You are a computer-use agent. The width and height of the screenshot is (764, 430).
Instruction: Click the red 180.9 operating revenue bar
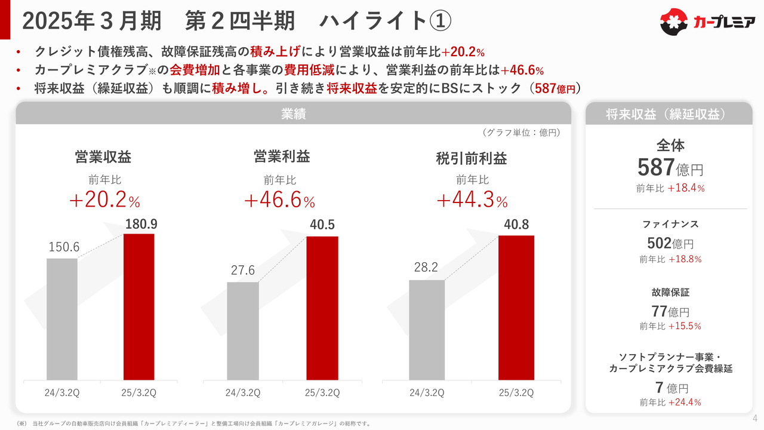click(x=138, y=306)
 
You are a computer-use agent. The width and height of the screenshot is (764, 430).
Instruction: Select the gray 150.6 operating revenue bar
click(x=62, y=319)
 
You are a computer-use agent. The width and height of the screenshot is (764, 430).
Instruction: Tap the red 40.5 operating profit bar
click(x=322, y=308)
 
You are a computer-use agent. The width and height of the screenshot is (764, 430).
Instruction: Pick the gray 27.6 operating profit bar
click(x=243, y=331)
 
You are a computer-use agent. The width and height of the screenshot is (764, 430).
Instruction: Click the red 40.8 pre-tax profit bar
click(x=516, y=307)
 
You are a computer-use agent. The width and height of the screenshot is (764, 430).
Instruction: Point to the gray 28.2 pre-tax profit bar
click(x=427, y=330)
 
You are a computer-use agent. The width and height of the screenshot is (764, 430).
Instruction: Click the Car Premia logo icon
click(x=674, y=22)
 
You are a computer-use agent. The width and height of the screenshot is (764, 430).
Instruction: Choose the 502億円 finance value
click(x=670, y=244)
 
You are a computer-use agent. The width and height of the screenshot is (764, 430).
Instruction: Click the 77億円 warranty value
click(x=670, y=311)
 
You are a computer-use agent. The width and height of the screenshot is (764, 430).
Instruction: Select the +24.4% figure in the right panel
click(x=685, y=402)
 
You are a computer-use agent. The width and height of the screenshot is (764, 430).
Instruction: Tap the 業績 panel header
click(x=293, y=113)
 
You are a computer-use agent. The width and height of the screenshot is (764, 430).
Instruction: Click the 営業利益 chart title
click(x=282, y=156)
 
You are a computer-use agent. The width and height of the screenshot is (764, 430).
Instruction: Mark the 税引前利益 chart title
click(x=472, y=158)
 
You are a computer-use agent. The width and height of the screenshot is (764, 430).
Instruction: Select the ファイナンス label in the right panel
click(x=670, y=225)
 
